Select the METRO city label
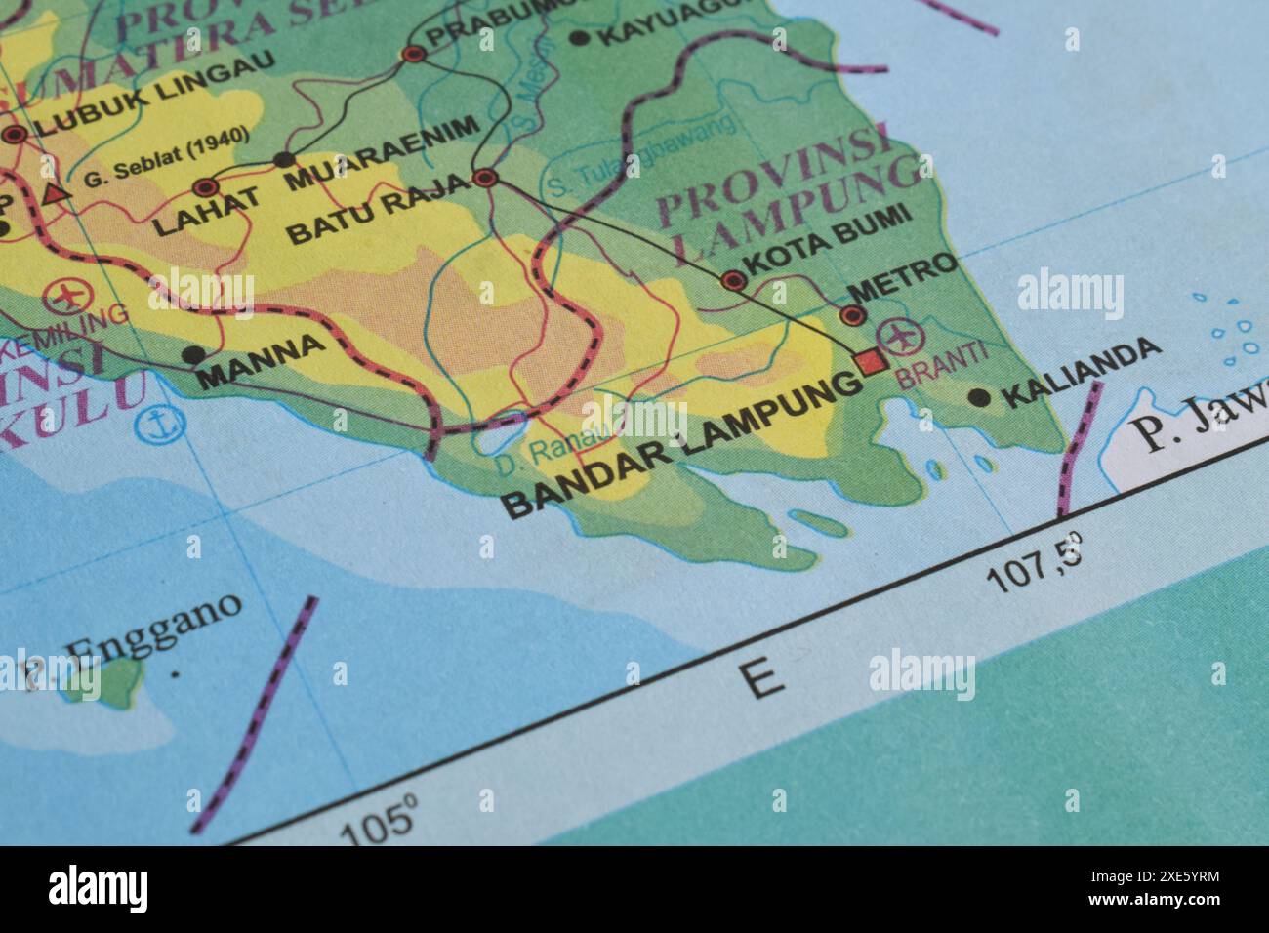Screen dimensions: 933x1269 pyautogui.click(x=904, y=276)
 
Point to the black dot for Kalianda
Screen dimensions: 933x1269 pyautogui.click(x=978, y=396)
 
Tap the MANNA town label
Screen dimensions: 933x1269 pyautogui.click(x=263, y=361)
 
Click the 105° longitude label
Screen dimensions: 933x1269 pyautogui.click(x=379, y=822)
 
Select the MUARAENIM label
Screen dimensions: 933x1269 pyautogui.click(x=383, y=152)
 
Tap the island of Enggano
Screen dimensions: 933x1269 pyautogui.click(x=119, y=681)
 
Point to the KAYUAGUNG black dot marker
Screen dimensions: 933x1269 pyautogui.click(x=579, y=38)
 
